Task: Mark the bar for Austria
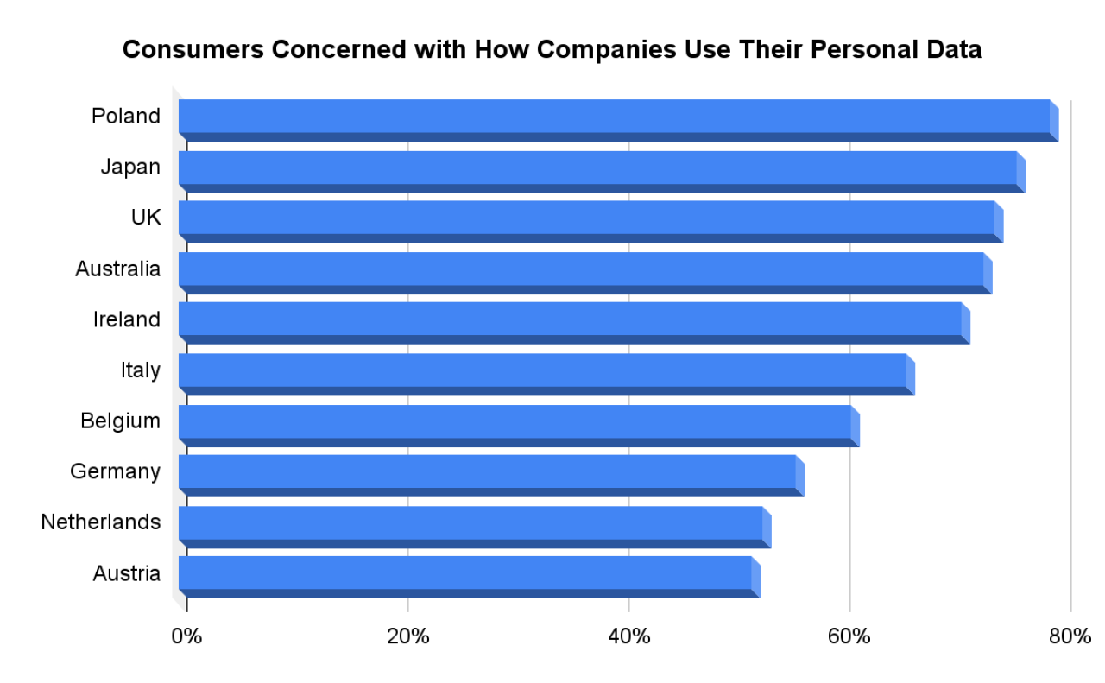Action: tap(465, 573)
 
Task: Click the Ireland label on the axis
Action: tap(127, 319)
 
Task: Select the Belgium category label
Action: tap(120, 421)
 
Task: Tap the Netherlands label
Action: tap(100, 522)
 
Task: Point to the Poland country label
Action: tap(126, 116)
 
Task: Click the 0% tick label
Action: tap(186, 637)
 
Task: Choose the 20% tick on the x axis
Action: tap(408, 637)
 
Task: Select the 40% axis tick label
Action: tap(629, 637)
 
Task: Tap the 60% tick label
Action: tap(849, 637)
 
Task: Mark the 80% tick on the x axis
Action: tap(1070, 637)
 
